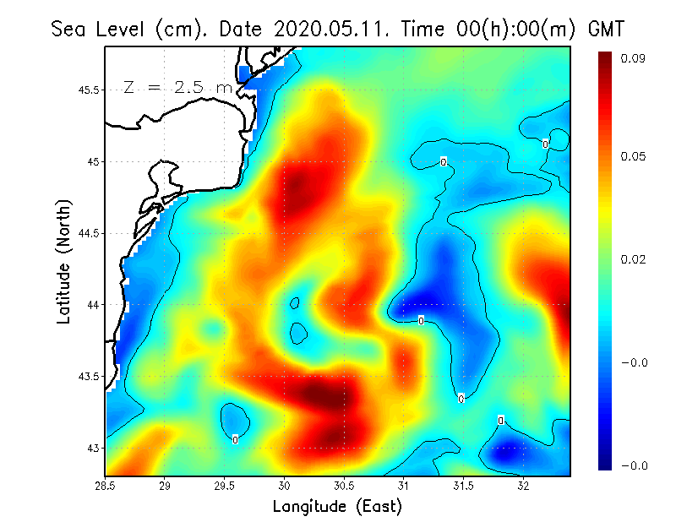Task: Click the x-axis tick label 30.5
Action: tap(344, 487)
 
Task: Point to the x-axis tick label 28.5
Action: tap(106, 487)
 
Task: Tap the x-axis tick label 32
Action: tap(523, 487)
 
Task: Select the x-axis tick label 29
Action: tap(165, 487)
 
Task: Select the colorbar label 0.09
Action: tap(633, 58)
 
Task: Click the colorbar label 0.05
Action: tap(633, 156)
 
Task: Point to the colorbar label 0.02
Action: tap(633, 259)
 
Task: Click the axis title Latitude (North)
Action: tap(63, 260)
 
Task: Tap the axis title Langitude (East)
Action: tap(337, 507)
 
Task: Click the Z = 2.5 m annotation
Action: tap(177, 87)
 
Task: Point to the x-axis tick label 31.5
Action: tap(463, 487)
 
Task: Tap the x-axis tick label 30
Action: tap(285, 487)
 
